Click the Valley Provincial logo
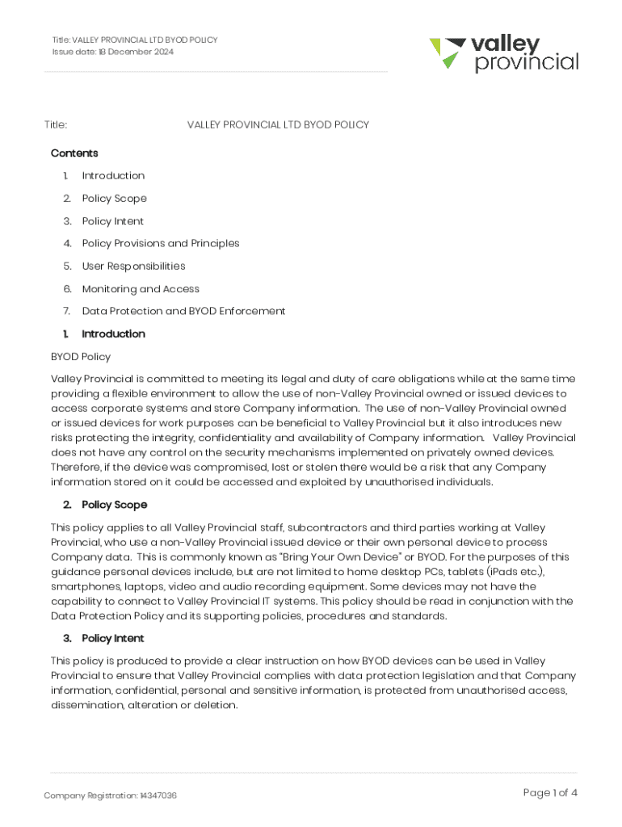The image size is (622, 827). point(503,53)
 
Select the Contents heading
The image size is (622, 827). point(74,153)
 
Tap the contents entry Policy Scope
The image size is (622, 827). point(114,199)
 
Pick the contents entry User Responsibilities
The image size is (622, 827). point(133,267)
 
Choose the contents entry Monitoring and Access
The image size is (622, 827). point(141,289)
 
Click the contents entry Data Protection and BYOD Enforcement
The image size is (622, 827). point(183,312)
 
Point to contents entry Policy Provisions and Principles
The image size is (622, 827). point(161,244)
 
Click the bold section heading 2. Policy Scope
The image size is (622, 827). point(114,505)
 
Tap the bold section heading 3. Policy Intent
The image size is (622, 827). point(112,639)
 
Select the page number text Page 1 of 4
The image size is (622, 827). point(550,793)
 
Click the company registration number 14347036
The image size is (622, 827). point(158,796)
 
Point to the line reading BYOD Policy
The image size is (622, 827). point(81,357)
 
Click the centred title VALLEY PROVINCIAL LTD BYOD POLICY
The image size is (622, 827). point(278,125)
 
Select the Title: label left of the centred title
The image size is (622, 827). point(56,125)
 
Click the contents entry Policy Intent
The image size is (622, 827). point(113,221)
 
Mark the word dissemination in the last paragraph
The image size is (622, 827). point(86,705)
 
